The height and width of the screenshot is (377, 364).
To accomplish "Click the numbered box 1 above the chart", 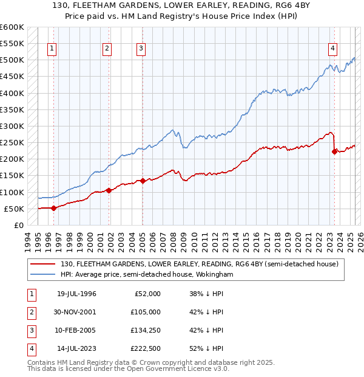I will (52, 49).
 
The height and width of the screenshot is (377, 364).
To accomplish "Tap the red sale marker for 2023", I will (334, 152).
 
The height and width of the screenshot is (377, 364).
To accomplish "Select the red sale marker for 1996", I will (53, 208).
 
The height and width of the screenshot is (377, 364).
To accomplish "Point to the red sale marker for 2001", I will (109, 190).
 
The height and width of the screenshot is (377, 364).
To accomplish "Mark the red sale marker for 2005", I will (143, 181).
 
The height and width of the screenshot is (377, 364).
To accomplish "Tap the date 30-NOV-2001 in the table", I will (76, 312).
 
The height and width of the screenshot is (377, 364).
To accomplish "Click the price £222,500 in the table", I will (145, 348).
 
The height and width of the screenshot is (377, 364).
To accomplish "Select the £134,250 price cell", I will (145, 330).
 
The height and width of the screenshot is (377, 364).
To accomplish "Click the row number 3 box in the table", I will (30, 330).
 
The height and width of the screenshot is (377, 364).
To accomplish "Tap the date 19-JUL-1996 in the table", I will (76, 294).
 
